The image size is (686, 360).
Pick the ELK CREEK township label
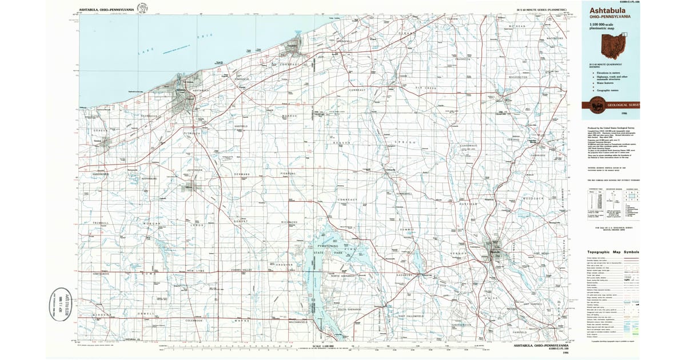(426, 88)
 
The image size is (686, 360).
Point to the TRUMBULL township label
(91, 223)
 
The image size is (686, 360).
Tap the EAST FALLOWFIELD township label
(410, 315)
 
